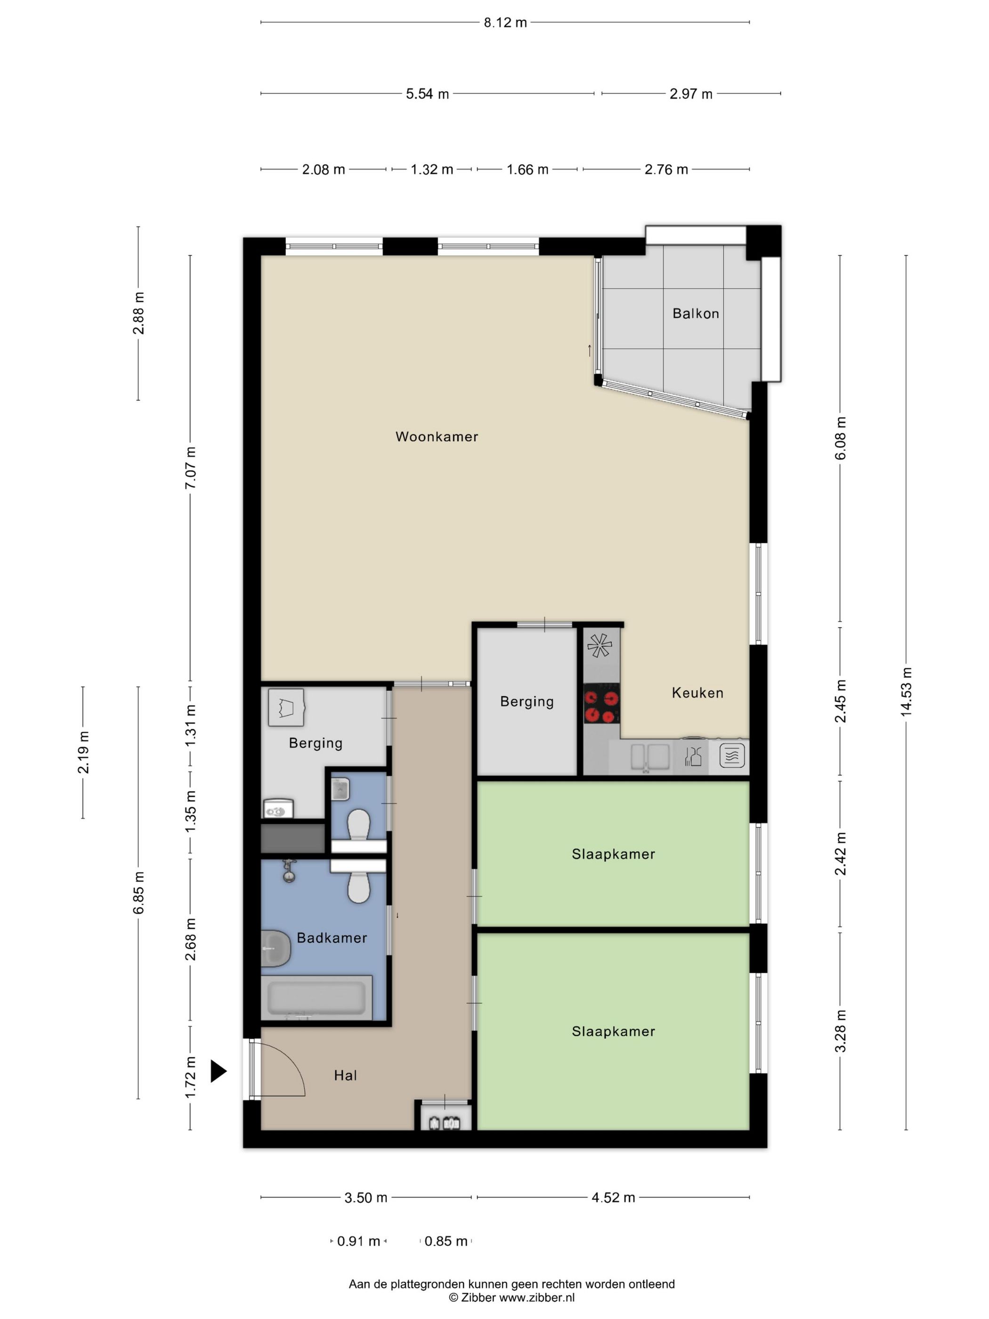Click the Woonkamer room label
tap(437, 437)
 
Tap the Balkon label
tap(695, 313)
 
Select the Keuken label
tap(697, 692)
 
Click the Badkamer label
tap(332, 937)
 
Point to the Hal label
tap(345, 1075)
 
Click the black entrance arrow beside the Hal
tap(218, 1071)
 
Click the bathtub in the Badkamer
tap(316, 998)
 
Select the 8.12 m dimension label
tap(505, 23)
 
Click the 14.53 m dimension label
tap(906, 691)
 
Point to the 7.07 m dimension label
tap(190, 468)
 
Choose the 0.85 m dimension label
tap(446, 1241)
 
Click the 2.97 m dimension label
tap(691, 94)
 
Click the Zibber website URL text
tap(536, 1297)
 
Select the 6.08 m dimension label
tap(840, 438)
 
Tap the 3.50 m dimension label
tap(365, 1197)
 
